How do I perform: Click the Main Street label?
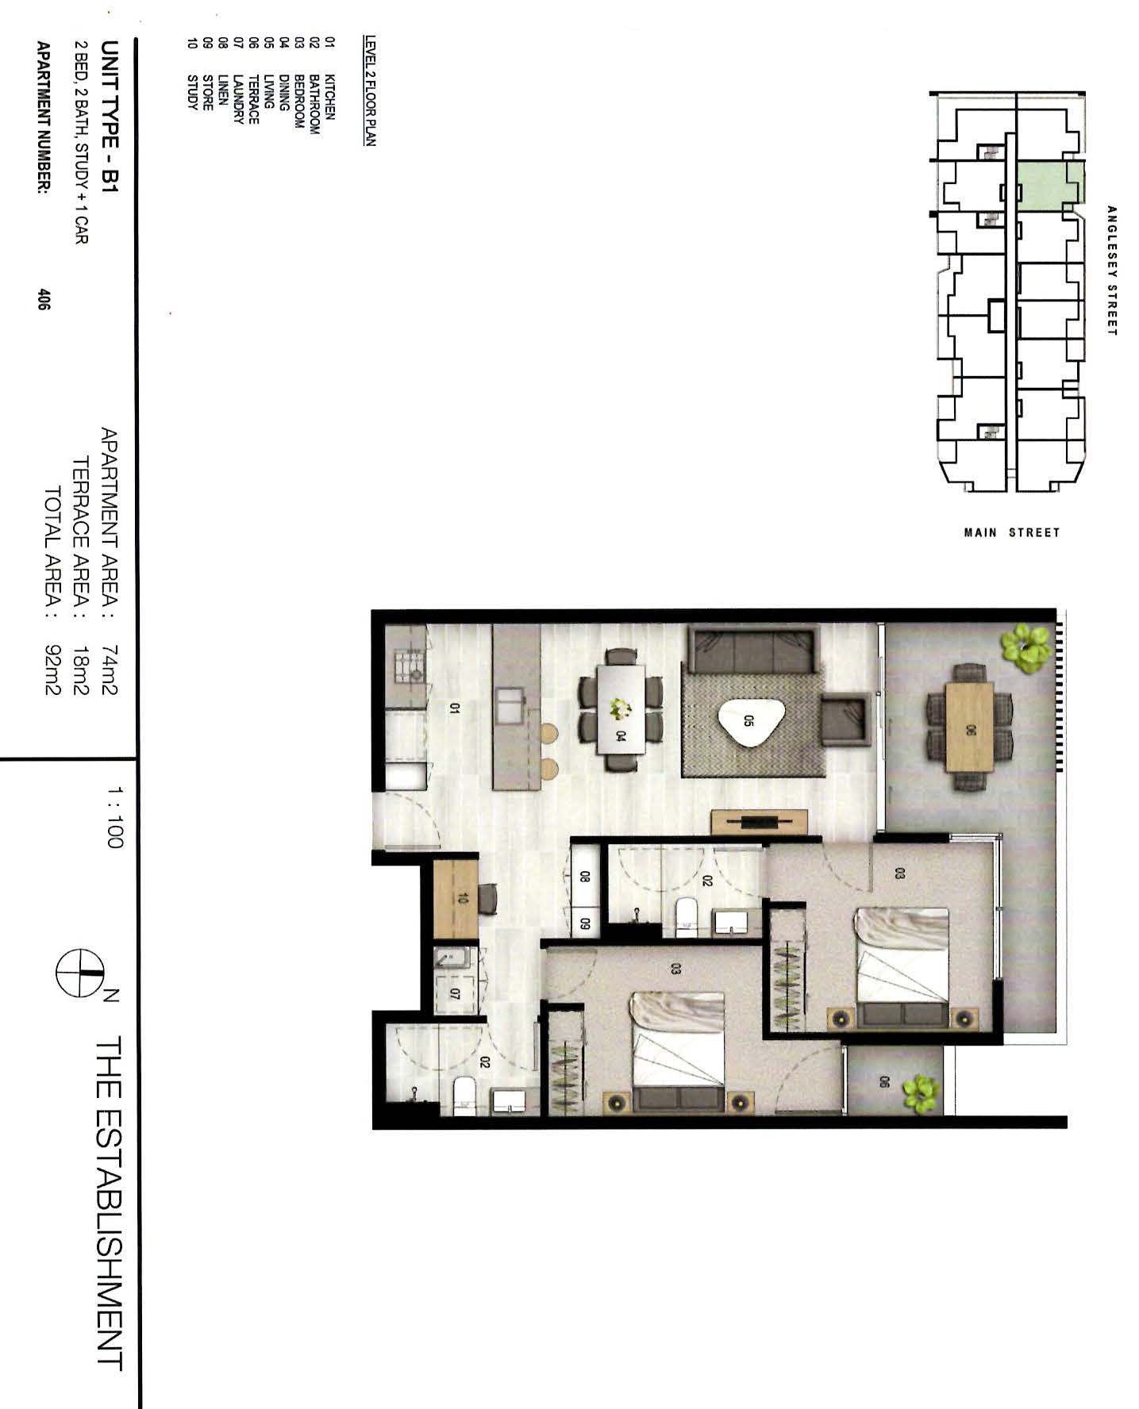tap(1012, 532)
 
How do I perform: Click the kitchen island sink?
tap(510, 707)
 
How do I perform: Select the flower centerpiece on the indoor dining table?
tap(621, 708)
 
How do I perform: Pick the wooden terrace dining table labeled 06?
tap(968, 728)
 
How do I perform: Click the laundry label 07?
tap(456, 992)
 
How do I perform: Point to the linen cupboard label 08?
tap(585, 877)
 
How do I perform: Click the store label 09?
tap(585, 923)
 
